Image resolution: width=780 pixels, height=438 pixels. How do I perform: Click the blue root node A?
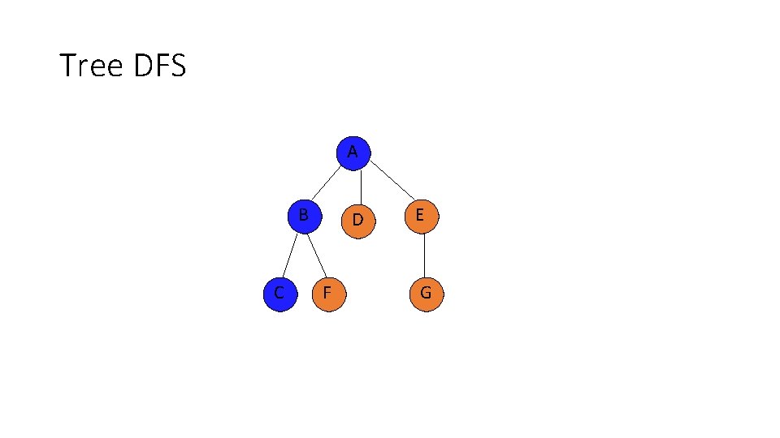(x=353, y=153)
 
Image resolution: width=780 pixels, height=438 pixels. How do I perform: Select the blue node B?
(x=305, y=217)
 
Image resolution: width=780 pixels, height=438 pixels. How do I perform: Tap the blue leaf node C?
(x=279, y=293)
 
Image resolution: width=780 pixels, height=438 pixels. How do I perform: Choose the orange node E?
(x=421, y=217)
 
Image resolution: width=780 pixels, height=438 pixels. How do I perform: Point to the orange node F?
(x=328, y=294)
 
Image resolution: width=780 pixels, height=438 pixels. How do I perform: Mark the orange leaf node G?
(x=426, y=294)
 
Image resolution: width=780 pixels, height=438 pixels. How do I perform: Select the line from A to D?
(x=360, y=187)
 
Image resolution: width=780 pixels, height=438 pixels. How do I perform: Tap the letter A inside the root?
(x=352, y=152)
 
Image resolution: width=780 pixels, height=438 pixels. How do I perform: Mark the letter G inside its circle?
(x=426, y=293)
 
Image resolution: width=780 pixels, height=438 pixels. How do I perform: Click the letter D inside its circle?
(x=357, y=221)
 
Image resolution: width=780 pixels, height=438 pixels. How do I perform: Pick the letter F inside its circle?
(x=327, y=293)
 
